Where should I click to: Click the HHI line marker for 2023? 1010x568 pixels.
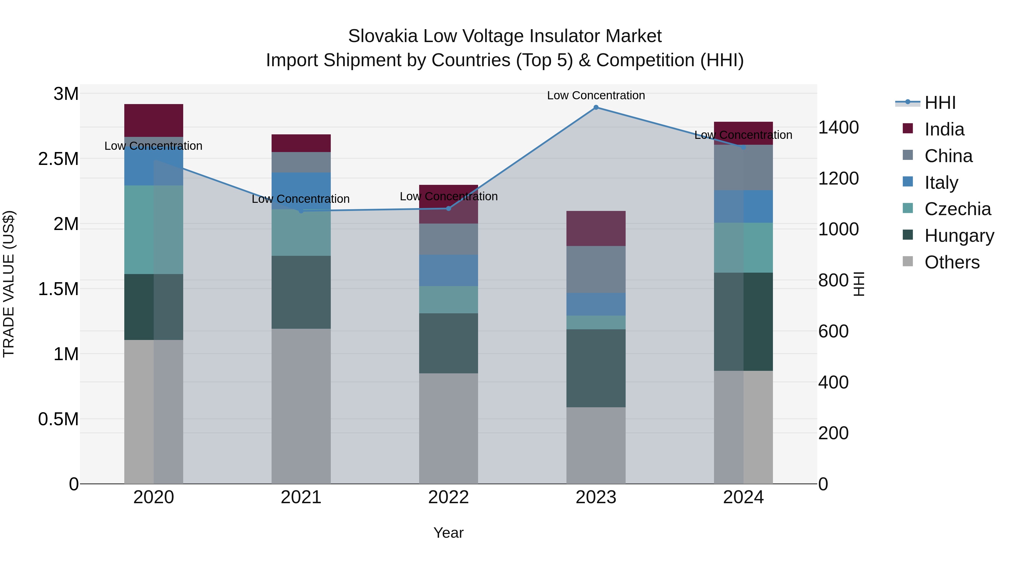click(596, 107)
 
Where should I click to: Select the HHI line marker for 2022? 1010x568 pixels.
click(449, 208)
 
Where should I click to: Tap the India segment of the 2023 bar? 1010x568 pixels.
click(596, 229)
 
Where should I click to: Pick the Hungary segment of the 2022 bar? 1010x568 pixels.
click(449, 343)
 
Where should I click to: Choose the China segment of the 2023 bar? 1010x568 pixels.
click(596, 269)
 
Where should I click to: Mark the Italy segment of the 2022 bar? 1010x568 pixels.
click(449, 270)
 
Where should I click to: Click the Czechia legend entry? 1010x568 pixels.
click(957, 209)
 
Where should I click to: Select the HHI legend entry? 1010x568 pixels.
click(940, 103)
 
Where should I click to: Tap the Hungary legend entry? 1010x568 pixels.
click(959, 236)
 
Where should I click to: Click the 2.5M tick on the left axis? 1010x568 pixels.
click(58, 159)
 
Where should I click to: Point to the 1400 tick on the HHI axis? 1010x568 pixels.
click(838, 127)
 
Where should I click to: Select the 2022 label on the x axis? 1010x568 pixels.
click(449, 497)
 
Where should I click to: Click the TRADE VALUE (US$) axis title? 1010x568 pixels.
click(9, 284)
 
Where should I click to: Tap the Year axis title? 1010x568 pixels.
click(449, 533)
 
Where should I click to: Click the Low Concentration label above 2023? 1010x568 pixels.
click(596, 95)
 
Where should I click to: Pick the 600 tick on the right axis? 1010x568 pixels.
click(833, 331)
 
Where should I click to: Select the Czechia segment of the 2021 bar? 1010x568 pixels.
click(301, 233)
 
